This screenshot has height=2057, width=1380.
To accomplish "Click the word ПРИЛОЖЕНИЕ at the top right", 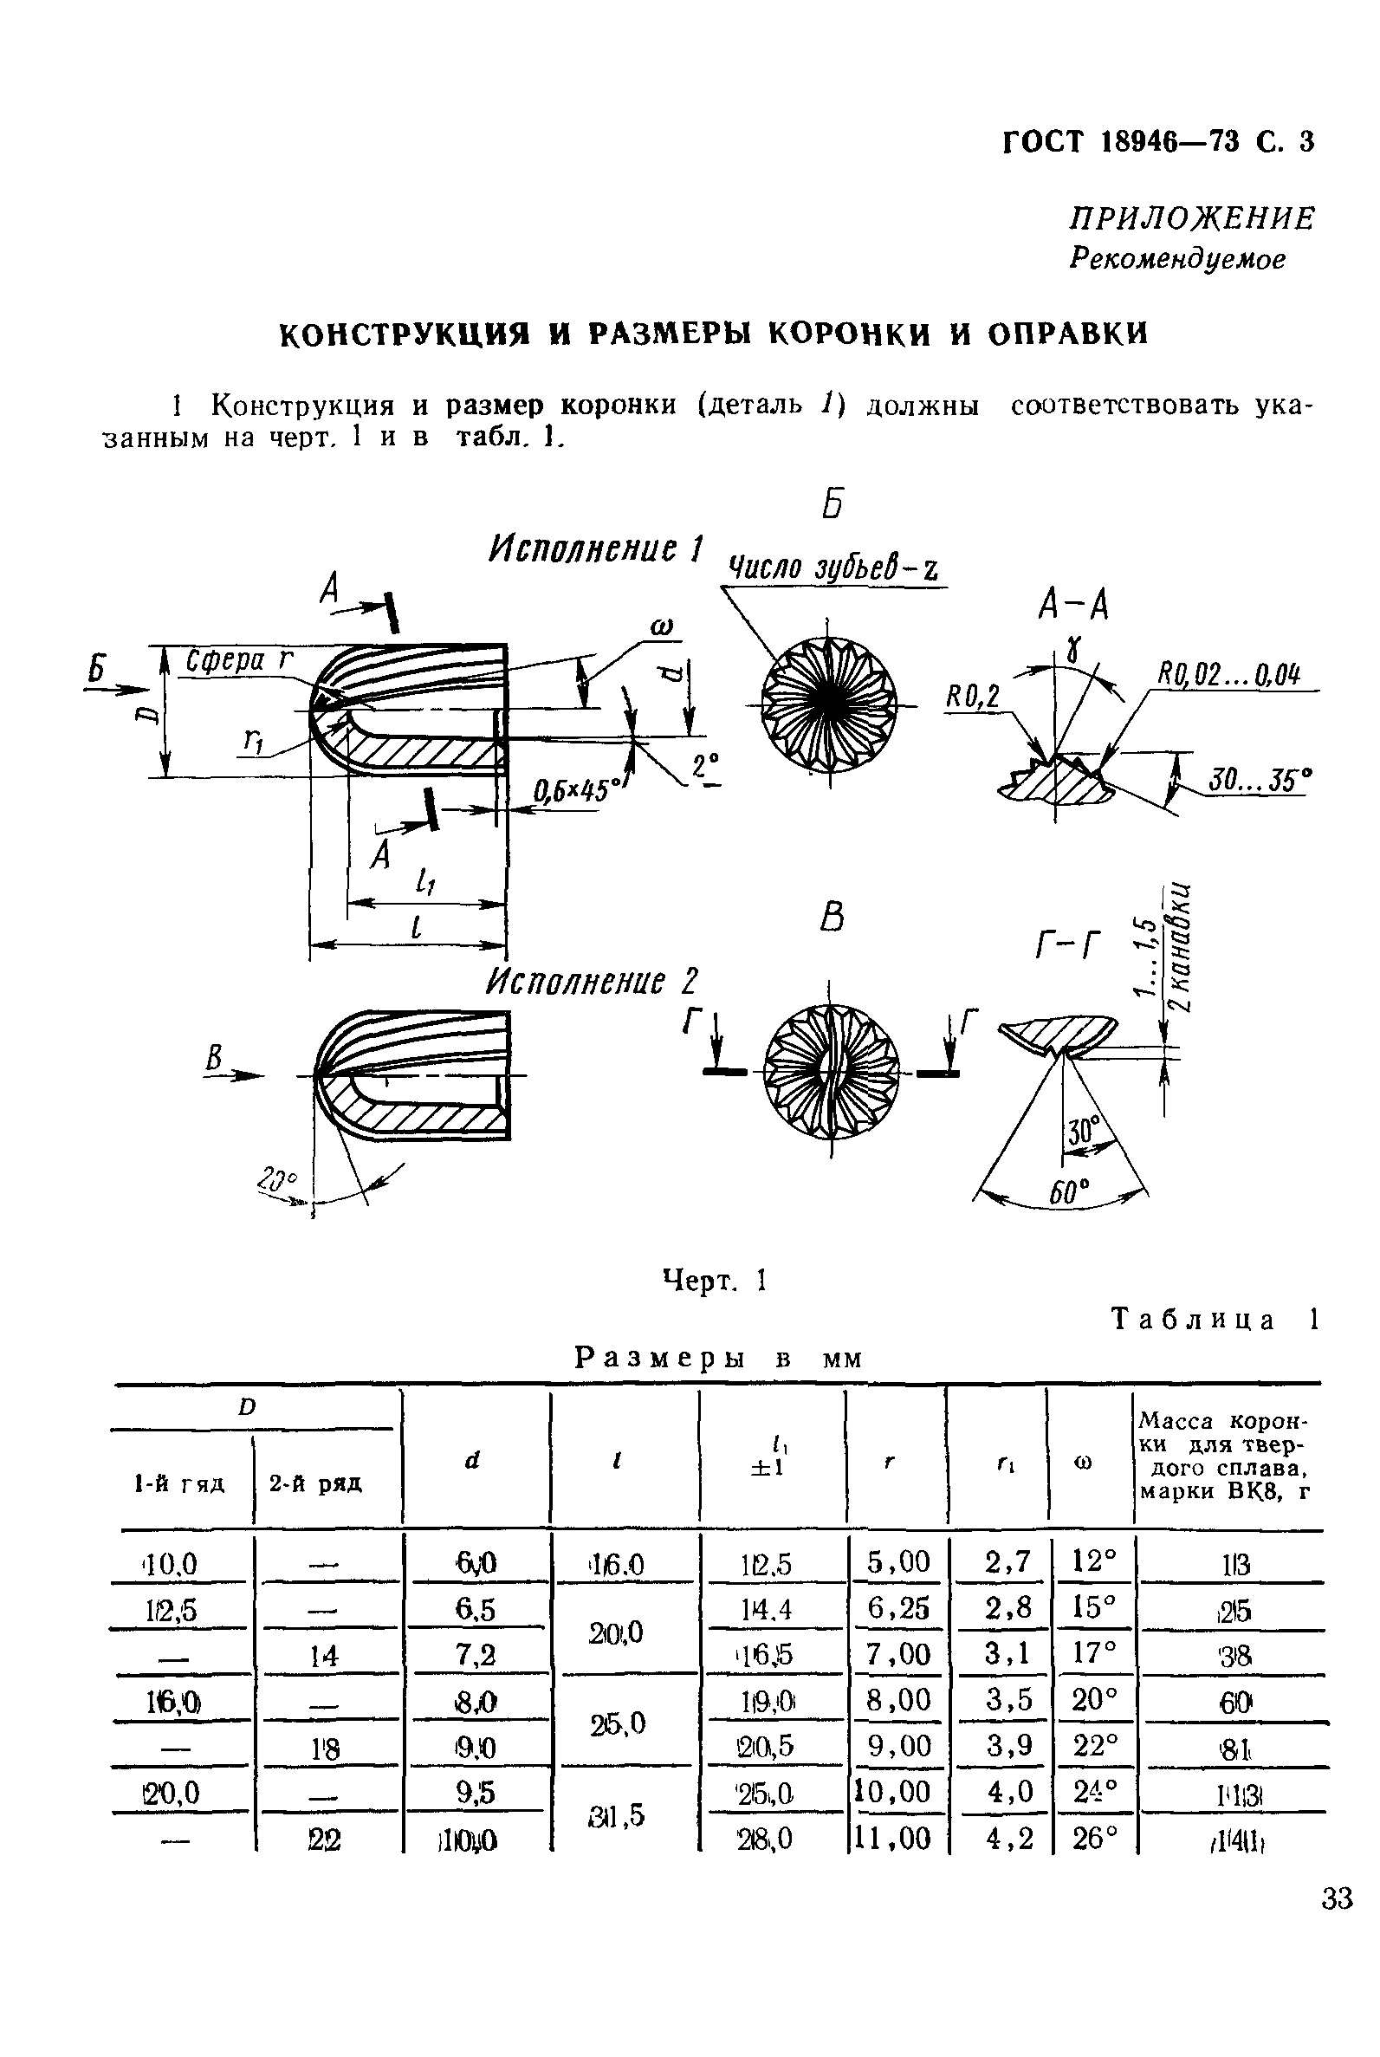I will pyautogui.click(x=1192, y=218).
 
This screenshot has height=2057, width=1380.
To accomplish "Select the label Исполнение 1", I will pyautogui.click(x=596, y=550).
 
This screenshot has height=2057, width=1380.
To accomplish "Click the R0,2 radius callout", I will pyautogui.click(x=972, y=698).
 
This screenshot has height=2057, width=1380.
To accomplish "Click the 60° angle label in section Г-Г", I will pyautogui.click(x=1067, y=1192).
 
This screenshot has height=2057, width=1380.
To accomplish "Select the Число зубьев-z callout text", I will pyautogui.click(x=832, y=569).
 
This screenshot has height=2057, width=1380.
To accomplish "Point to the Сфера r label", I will pyautogui.click(x=238, y=660).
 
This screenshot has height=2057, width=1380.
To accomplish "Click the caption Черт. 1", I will pyautogui.click(x=715, y=1281).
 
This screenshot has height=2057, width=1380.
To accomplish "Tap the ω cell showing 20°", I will pyautogui.click(x=1093, y=1699).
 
